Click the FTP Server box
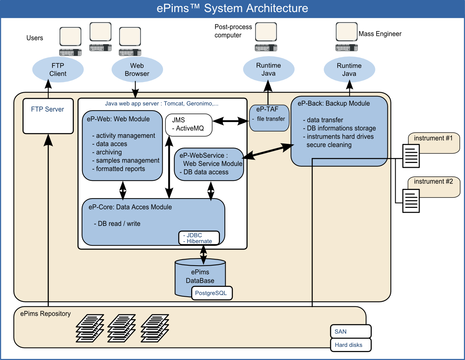pyautogui.click(x=48, y=116)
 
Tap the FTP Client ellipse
pyautogui.click(x=58, y=70)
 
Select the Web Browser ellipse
pyautogui.click(x=137, y=70)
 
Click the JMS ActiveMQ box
pyautogui.click(x=189, y=125)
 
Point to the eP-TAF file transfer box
pyautogui.click(x=269, y=118)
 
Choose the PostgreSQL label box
pyautogui.click(x=212, y=293)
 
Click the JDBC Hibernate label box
pyautogui.click(x=199, y=238)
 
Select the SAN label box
pyautogui.click(x=350, y=332)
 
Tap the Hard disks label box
pyautogui.click(x=350, y=345)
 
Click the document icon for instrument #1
pyautogui.click(x=411, y=155)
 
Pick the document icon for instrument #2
pyautogui.click(x=411, y=201)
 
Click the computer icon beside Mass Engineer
pyautogui.click(x=347, y=37)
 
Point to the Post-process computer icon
pyautogui.click(x=266, y=37)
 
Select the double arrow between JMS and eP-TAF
pyautogui.click(x=230, y=121)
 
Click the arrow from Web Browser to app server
pyautogui.click(x=135, y=90)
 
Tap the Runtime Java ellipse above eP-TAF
pyautogui.click(x=269, y=70)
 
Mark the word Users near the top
pyautogui.click(x=35, y=38)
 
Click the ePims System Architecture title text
pyautogui.click(x=232, y=8)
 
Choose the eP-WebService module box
pyautogui.click(x=209, y=164)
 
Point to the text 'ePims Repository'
pyautogui.click(x=45, y=314)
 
